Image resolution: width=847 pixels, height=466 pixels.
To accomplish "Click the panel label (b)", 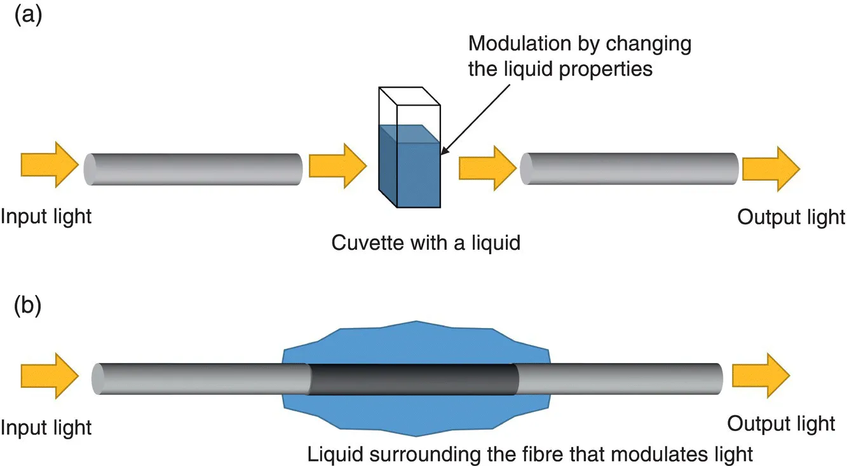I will click(29, 306).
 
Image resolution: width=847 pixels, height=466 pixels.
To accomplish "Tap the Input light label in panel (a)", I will click(46, 217).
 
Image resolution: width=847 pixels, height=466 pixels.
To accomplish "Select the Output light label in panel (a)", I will click(791, 217).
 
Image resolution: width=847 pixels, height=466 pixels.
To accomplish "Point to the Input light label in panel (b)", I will click(46, 427).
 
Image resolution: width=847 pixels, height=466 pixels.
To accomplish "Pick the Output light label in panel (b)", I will click(781, 423).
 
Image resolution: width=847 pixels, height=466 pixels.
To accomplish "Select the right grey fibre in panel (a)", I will click(629, 168).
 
